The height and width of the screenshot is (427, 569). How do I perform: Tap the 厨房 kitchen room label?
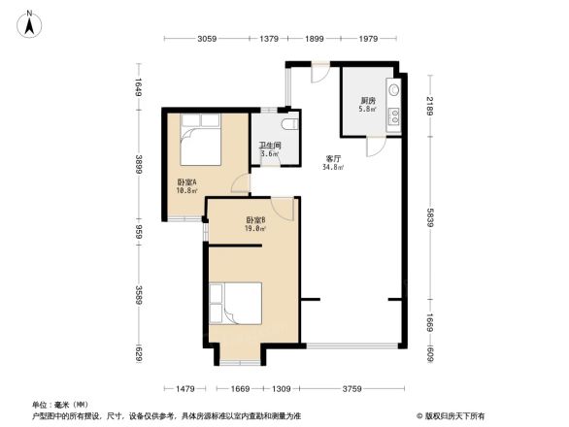pyautogui.click(x=368, y=101)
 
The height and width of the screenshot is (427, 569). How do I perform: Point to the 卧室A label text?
pyautogui.click(x=187, y=182)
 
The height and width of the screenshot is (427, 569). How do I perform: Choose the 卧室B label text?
pyautogui.click(x=255, y=221)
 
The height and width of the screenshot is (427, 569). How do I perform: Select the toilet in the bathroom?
pyautogui.click(x=289, y=126)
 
